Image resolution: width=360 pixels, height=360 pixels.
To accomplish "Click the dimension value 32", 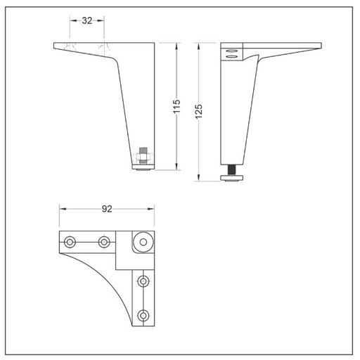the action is (x=87, y=20).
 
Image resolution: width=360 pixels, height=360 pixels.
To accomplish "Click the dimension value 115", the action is (x=176, y=107).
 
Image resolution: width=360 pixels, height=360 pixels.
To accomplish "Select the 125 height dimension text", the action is (x=198, y=112).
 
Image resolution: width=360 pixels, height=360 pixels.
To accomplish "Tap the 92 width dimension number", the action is (x=107, y=209).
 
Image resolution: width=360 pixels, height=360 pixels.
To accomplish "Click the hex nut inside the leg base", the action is (x=143, y=156).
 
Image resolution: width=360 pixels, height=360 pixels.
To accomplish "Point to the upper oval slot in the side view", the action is (x=231, y=51).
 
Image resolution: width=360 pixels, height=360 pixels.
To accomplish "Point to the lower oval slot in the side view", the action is (x=231, y=56).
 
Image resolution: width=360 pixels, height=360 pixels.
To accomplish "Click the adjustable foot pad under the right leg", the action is (x=232, y=178).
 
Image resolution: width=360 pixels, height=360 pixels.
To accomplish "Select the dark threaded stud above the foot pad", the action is (x=232, y=169).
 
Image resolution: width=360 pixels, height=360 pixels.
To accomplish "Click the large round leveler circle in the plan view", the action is (x=143, y=242).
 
